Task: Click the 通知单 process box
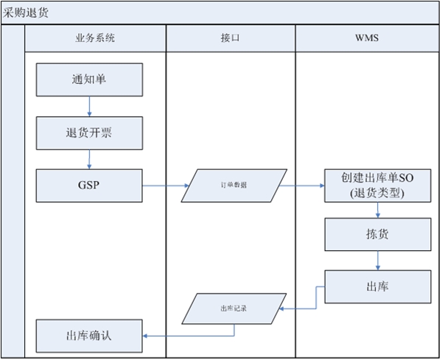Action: pyautogui.click(x=89, y=80)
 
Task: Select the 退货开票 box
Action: pyautogui.click(x=89, y=133)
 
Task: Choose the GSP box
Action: pyautogui.click(x=89, y=185)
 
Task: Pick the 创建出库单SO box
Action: pyautogui.click(x=377, y=186)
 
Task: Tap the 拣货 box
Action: pyautogui.click(x=378, y=234)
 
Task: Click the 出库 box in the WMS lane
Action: pyautogui.click(x=378, y=286)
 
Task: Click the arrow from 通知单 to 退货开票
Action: pyautogui.click(x=89, y=107)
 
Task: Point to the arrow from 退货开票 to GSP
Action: pyautogui.click(x=89, y=158)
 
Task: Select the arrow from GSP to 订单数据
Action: pyautogui.click(x=165, y=186)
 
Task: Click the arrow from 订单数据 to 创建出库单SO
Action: pyautogui.click(x=302, y=186)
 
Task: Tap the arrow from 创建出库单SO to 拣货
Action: pyautogui.click(x=378, y=210)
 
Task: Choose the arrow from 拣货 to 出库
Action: pyautogui.click(x=378, y=260)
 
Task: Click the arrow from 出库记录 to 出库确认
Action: pyautogui.click(x=166, y=336)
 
